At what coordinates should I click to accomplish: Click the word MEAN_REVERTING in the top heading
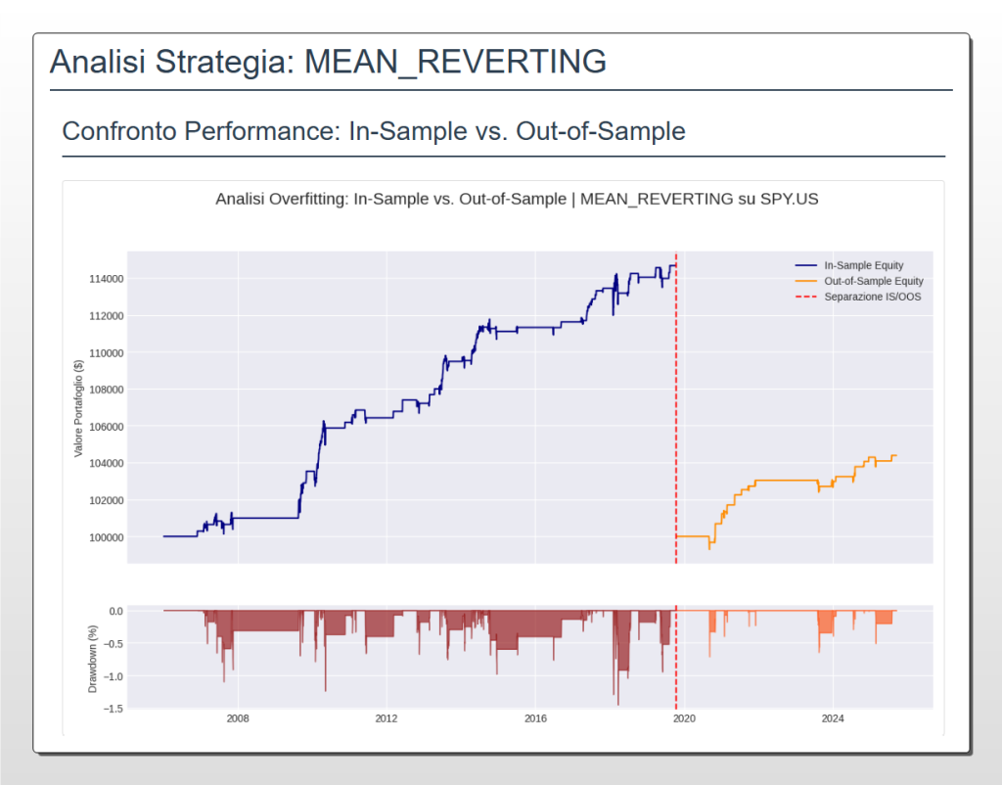(x=455, y=62)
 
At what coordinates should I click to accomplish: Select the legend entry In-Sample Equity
(x=863, y=265)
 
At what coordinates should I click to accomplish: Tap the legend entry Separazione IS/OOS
(x=872, y=297)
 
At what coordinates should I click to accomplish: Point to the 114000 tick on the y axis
(x=102, y=279)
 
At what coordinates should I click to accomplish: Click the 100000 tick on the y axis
(x=102, y=537)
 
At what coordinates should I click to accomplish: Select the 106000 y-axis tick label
(x=102, y=427)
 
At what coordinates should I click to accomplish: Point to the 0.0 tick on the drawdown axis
(x=114, y=611)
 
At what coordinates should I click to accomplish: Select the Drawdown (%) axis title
(x=93, y=656)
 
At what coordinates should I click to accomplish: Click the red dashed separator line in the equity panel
(x=676, y=411)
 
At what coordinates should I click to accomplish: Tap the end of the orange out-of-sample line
(x=895, y=455)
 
